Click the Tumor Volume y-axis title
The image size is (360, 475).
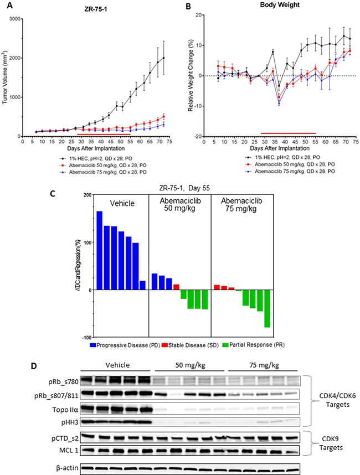click(x=5, y=78)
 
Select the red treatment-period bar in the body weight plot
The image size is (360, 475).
click(x=288, y=133)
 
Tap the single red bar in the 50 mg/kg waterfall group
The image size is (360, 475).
click(x=176, y=287)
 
